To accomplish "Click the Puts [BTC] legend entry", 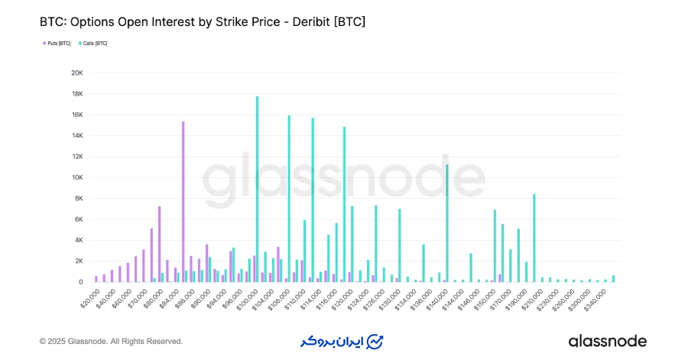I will click(57, 44).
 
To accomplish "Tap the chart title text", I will click(203, 22).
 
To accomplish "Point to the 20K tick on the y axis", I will click(76, 73).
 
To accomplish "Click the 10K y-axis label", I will click(76, 177).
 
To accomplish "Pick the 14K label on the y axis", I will click(76, 136).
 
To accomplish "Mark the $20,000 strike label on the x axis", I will click(89, 296).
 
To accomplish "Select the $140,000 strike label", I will click(437, 297).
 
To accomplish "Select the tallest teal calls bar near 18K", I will click(257, 189).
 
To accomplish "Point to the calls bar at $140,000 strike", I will click(447, 223).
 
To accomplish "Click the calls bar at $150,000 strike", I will click(495, 245).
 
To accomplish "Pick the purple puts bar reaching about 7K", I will click(159, 244).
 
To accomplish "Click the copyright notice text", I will click(111, 341).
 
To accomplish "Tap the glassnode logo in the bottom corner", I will click(607, 341).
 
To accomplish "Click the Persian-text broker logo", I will click(341, 341).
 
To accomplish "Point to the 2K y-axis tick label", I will click(78, 261).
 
